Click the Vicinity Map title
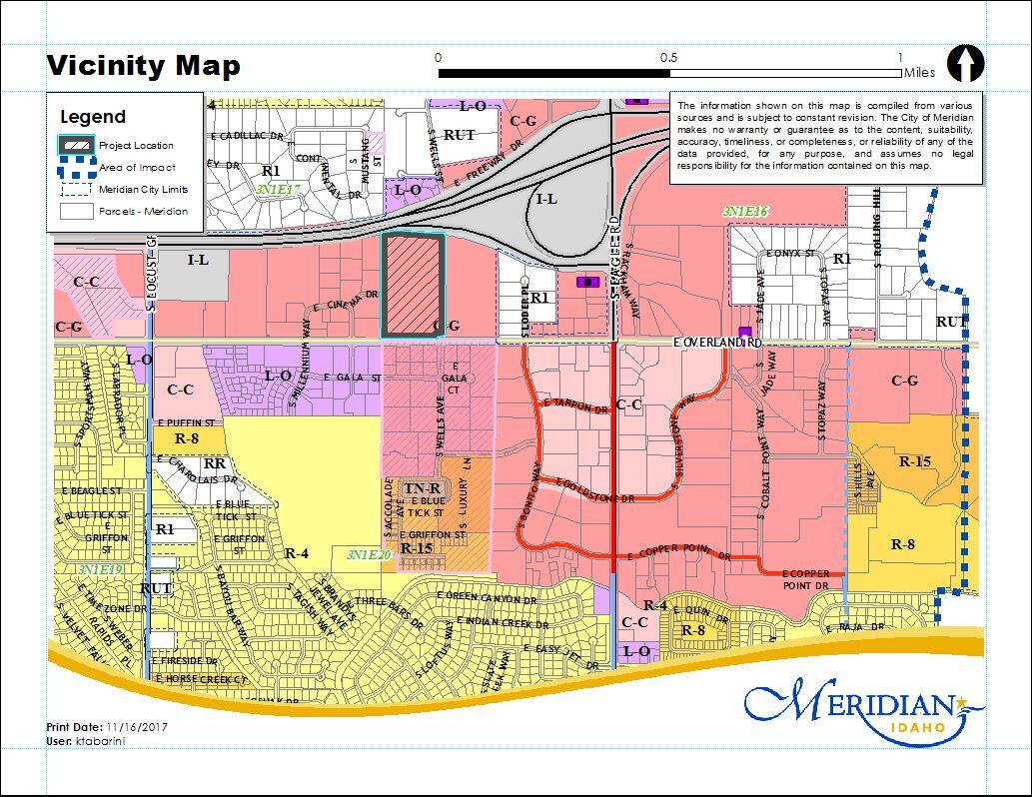pyautogui.click(x=143, y=66)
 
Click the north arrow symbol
pyautogui.click(x=965, y=63)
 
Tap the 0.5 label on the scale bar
pyautogui.click(x=668, y=58)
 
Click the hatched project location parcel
pyautogui.click(x=413, y=286)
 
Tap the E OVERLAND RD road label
pyautogui.click(x=717, y=342)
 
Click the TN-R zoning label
pyautogui.click(x=422, y=487)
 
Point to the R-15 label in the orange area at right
pyautogui.click(x=915, y=461)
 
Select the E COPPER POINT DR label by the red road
pyautogui.click(x=679, y=555)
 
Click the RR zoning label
pyautogui.click(x=214, y=464)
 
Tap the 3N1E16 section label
pyautogui.click(x=745, y=212)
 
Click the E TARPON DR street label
pyautogui.click(x=574, y=405)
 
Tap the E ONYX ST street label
pyautogui.click(x=791, y=253)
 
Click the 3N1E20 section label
pyautogui.click(x=369, y=553)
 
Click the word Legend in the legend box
pyautogui.click(x=93, y=117)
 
